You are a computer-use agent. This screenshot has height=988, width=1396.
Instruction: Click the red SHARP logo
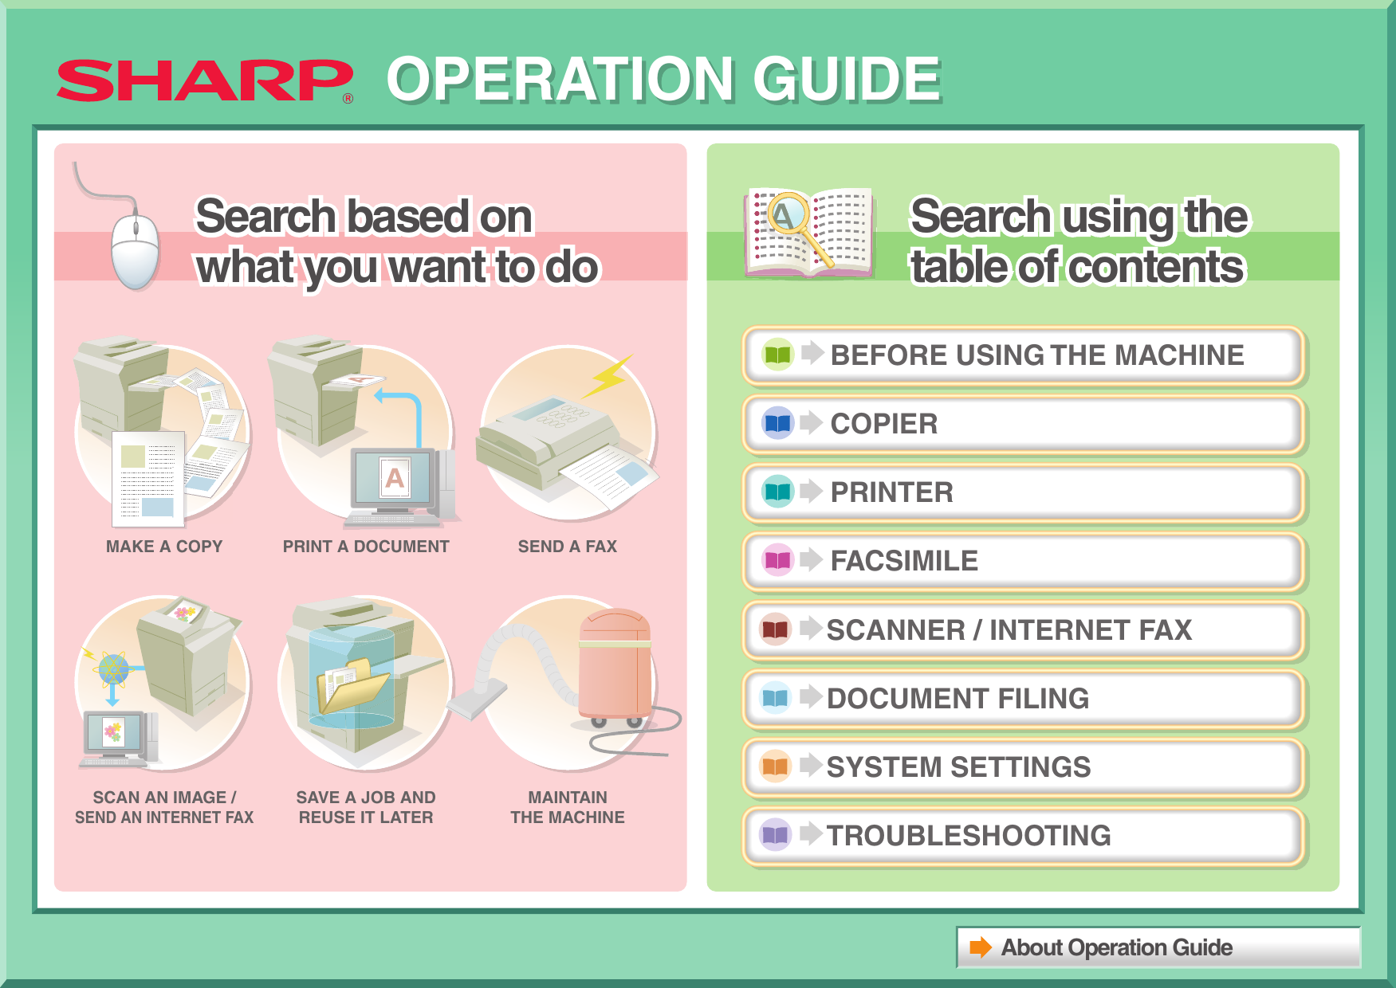click(204, 80)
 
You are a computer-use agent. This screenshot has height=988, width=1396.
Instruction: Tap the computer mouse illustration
click(135, 250)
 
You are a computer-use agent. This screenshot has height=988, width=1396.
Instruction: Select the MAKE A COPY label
click(164, 547)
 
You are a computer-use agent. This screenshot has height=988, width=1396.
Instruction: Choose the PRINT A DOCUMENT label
click(366, 547)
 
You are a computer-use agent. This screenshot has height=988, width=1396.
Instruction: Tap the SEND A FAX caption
click(567, 547)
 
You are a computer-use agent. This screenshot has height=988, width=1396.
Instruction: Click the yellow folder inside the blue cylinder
click(352, 685)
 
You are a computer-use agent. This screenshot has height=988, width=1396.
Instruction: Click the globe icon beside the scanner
click(113, 669)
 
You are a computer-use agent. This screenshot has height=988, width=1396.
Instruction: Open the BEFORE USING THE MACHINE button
click(1036, 355)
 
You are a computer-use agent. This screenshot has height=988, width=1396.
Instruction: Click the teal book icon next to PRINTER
click(777, 492)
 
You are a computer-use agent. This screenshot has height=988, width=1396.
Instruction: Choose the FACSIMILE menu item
click(903, 561)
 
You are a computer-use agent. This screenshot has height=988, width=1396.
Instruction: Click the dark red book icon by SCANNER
click(775, 629)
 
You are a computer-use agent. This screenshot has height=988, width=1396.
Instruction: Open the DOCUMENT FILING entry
click(957, 699)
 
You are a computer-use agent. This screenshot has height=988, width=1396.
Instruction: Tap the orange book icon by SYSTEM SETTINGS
click(775, 766)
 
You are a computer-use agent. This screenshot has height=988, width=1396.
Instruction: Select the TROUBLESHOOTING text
click(968, 836)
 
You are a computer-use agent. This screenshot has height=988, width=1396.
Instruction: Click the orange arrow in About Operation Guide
click(980, 947)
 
